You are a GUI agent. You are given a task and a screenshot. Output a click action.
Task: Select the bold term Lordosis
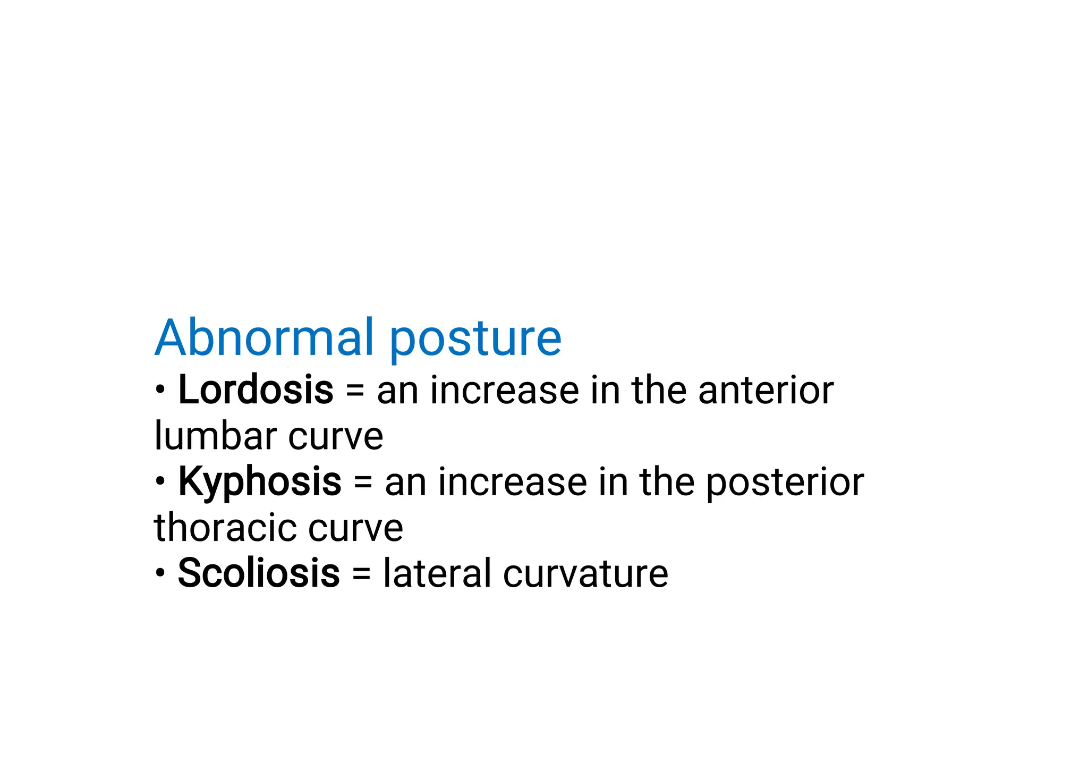[256, 390]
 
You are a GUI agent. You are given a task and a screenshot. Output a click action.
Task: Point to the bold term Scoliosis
[258, 573]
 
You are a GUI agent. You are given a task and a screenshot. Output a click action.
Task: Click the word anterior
[766, 390]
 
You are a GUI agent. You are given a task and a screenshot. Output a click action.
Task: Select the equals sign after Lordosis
[355, 391]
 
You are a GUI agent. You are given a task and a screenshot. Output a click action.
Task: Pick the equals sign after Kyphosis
[363, 483]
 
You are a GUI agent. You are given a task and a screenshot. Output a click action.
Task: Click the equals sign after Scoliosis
[361, 574]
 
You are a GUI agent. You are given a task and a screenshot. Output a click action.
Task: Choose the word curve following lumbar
[336, 437]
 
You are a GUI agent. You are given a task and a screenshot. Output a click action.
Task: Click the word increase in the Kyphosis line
[512, 483]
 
